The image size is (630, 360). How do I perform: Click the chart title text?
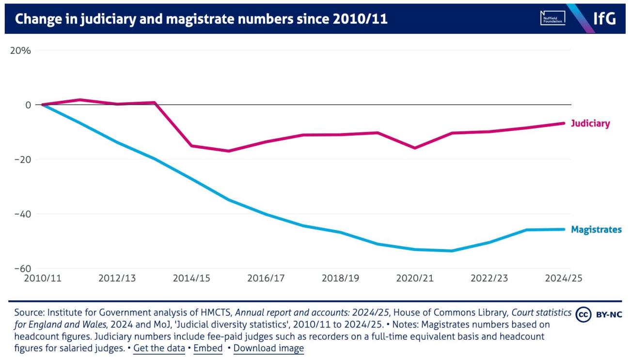pos(201,19)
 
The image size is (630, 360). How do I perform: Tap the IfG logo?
pos(604,19)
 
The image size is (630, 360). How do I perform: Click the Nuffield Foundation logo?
pos(552,19)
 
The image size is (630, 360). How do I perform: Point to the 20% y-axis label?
pos(21,50)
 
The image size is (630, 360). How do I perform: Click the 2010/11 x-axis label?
pos(43,279)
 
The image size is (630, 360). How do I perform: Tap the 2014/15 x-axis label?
pos(191,279)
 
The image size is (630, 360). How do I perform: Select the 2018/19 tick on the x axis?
pos(340,279)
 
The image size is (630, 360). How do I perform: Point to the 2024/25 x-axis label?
pos(563,279)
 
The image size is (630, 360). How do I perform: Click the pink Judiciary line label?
pos(590,124)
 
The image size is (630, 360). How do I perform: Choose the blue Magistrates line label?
pos(596,230)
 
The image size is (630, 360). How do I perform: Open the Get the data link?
pos(159,348)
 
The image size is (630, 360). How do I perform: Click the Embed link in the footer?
pos(208,348)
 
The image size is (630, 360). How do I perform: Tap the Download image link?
pos(268,348)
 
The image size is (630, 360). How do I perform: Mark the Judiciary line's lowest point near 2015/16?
pos(228,151)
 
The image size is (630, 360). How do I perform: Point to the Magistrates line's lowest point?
pos(452,250)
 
